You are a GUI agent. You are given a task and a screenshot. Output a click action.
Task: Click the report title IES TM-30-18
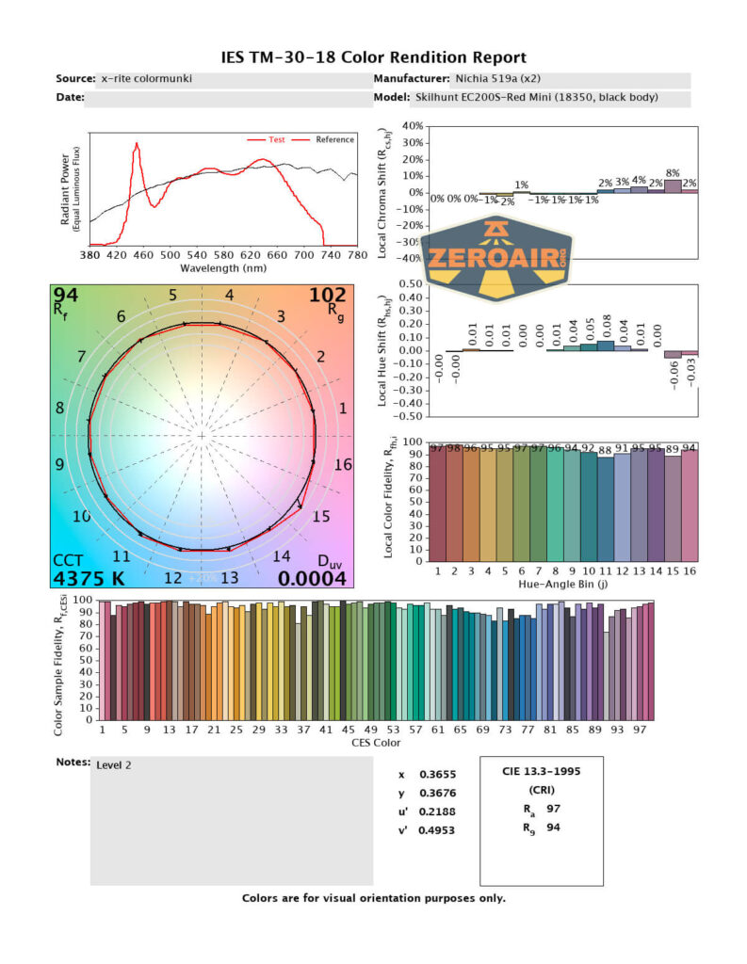click(x=373, y=58)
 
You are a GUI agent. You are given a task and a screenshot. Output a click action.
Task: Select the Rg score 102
click(x=328, y=296)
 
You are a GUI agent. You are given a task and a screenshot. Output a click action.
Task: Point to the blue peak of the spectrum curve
click(x=137, y=144)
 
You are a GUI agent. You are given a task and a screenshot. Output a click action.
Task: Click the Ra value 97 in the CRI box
click(x=554, y=809)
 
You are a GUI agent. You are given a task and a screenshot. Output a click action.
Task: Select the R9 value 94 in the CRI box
click(x=554, y=828)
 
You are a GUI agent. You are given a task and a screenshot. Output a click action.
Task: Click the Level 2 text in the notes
click(x=114, y=764)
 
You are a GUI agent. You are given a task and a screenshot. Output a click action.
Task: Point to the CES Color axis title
click(x=377, y=743)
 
